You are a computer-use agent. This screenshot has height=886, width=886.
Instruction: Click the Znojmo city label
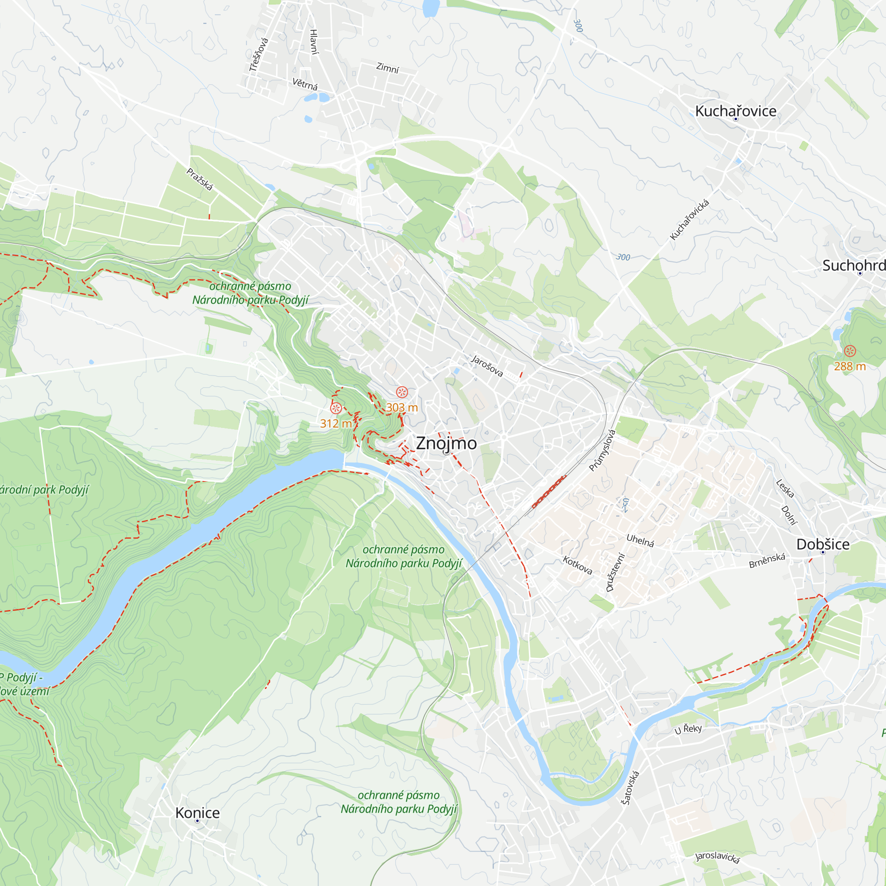coord(446,443)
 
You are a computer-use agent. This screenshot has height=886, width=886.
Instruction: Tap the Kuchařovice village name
coord(735,111)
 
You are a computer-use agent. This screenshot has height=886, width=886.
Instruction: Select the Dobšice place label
coord(823,544)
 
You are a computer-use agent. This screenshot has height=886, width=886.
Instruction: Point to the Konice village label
coord(198,813)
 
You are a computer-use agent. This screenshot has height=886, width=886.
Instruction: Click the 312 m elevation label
coord(336,423)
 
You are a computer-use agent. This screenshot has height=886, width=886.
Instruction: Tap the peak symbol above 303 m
coord(402,392)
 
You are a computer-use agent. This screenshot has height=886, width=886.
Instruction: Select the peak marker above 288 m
coord(850,351)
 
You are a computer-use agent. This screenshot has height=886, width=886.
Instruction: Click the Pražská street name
coord(200,179)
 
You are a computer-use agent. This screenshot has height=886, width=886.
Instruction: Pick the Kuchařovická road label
coord(689,220)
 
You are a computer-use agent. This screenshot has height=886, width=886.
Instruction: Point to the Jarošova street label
coord(487,365)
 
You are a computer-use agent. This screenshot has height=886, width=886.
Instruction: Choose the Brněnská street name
coord(767,560)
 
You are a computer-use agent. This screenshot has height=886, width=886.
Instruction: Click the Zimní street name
coord(388,68)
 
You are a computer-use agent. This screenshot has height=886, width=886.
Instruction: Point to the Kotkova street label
coord(578,565)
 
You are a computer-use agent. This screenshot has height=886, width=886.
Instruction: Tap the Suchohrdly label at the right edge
coord(853,265)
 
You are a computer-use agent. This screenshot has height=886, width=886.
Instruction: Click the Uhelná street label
coord(640,540)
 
